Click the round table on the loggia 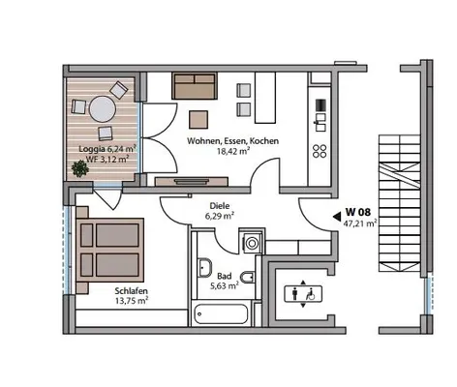tap(103, 109)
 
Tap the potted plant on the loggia tap(79, 168)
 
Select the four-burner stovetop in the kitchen tap(320, 151)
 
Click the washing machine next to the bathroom tap(252, 243)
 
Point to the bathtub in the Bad tap(222, 313)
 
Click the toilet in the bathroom tap(248, 277)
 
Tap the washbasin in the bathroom tap(205, 268)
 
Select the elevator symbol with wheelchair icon tap(303, 294)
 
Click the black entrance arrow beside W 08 tap(337, 217)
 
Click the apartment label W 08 tap(358, 212)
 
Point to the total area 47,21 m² tap(360, 223)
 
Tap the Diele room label tap(220, 206)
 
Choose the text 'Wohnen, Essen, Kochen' tap(232, 141)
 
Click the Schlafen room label tap(132, 291)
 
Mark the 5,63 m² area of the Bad tap(225, 285)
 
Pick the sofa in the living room tap(195, 85)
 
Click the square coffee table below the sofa tap(198, 119)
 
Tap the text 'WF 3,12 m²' tap(107, 159)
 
